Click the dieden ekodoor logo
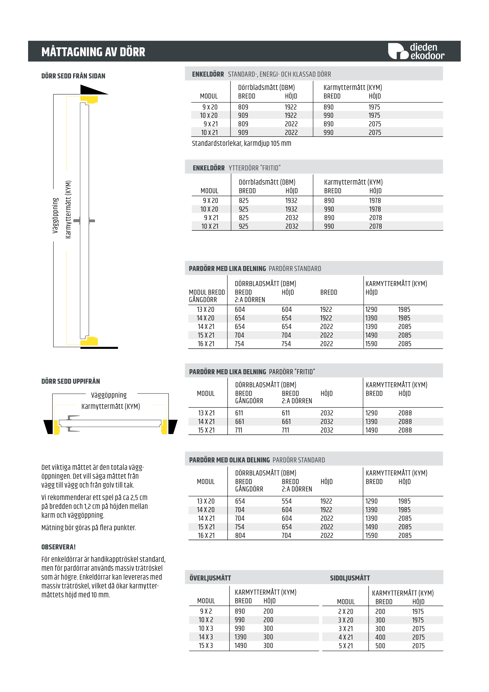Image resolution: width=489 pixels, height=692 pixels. coord(416,51)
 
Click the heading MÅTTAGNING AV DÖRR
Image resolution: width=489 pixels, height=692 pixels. coord(93,52)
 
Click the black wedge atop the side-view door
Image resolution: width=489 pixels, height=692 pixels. coord(92,90)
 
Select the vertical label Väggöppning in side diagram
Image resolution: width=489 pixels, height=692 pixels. coord(55,215)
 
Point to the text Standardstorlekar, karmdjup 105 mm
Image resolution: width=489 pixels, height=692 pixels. coord(241,143)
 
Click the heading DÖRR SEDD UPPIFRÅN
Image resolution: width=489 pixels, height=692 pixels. coord(70,381)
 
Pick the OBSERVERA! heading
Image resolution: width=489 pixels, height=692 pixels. coord(59,547)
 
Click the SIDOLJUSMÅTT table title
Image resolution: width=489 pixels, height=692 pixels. coord(349,578)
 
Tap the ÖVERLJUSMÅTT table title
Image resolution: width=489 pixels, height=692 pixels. coord(210,578)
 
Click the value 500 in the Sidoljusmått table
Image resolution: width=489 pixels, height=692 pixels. coord(380,646)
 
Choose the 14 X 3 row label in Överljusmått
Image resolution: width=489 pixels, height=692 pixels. coord(206,637)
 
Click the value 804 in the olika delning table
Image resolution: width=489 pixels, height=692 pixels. coord(240,535)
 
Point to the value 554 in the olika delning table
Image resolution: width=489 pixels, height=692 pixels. coord(286,501)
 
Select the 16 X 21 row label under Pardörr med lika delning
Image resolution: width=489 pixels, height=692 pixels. coord(206,344)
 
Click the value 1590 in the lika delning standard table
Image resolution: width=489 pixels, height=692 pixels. coord(371,344)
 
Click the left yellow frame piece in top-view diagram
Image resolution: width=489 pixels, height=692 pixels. coord(56,427)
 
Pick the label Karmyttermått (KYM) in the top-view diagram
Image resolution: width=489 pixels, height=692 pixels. coord(111,406)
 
